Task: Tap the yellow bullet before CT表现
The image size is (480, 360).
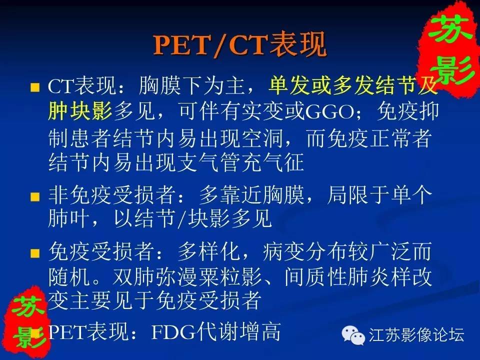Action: pos(35,87)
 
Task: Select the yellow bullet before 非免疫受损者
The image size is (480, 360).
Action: pos(35,196)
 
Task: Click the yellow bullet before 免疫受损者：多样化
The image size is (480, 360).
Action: pos(35,253)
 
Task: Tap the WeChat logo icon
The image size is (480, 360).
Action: pos(353,334)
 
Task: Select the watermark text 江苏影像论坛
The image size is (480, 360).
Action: pos(416,334)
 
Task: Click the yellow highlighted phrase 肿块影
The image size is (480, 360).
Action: pos(80,111)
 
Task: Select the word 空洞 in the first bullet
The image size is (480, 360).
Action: pos(261,138)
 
